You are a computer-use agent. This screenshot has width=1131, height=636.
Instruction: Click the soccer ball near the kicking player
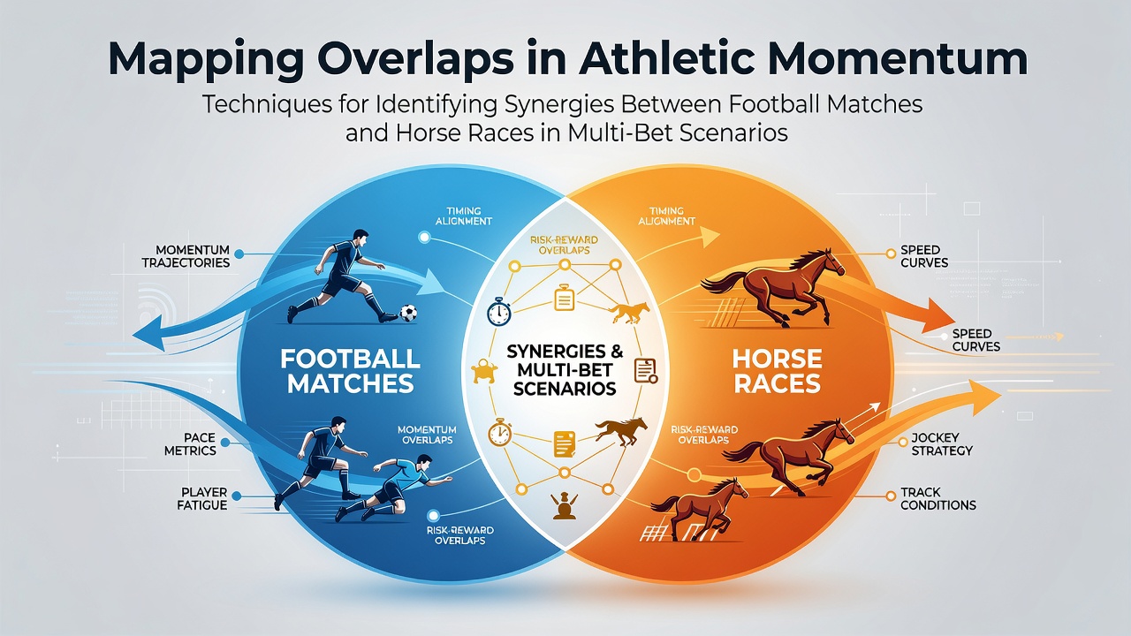point(408,313)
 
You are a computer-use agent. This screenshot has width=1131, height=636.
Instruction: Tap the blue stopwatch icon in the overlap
point(499,312)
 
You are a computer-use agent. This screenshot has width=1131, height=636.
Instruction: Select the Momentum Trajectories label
point(186,256)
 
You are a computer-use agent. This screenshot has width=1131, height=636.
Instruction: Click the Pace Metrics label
point(190,444)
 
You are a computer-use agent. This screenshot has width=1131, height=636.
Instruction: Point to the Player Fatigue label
point(202,499)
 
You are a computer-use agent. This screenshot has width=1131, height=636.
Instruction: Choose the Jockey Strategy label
point(942,444)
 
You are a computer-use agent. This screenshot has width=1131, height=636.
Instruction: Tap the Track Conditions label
point(938,499)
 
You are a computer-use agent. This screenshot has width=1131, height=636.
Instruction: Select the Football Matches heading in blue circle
point(351,372)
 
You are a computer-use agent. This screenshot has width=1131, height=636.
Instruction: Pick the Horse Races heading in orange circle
point(777,372)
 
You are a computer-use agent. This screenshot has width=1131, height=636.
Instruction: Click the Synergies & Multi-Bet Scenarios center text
point(565,370)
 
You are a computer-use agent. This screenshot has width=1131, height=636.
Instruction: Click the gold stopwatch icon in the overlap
point(499,433)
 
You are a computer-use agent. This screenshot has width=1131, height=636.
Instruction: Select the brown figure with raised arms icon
point(565,505)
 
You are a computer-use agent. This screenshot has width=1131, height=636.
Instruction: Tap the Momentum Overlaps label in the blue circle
point(427,435)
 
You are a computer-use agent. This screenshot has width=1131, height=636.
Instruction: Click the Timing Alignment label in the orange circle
point(666,216)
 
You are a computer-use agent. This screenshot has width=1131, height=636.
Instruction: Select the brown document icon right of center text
point(645,371)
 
